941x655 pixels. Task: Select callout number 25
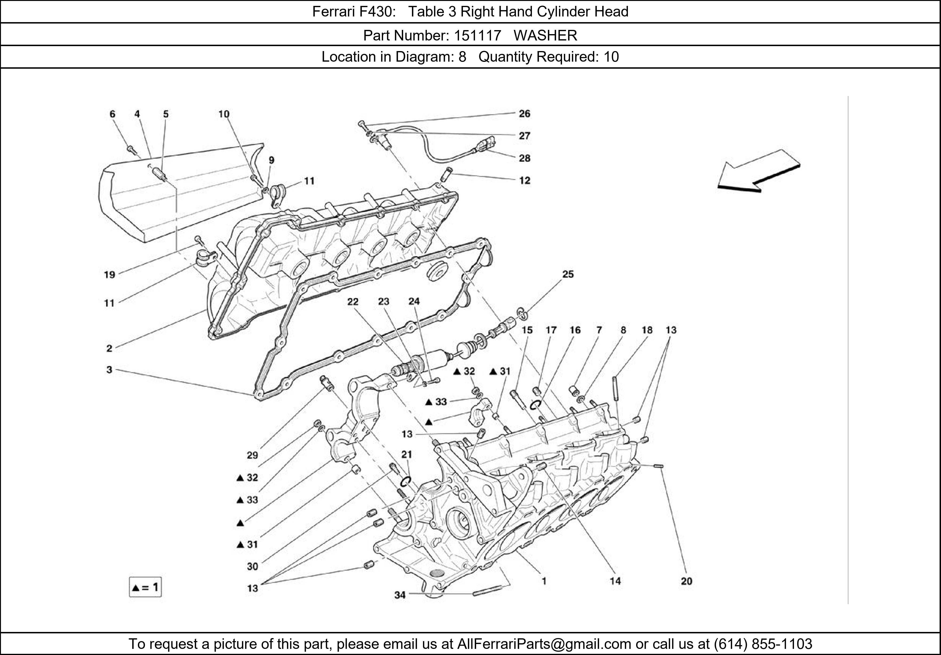[x=568, y=274]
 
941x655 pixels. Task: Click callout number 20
[x=686, y=581]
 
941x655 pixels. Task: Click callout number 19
[x=109, y=275]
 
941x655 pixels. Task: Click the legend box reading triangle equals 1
[x=145, y=587]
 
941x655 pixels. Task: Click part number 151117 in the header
[x=477, y=36]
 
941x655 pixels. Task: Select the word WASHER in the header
[x=545, y=36]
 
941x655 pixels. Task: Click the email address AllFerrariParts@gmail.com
[x=544, y=644]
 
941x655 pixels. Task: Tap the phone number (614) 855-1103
[x=763, y=644]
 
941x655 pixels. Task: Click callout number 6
[x=112, y=114]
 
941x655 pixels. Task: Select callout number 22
[x=352, y=302]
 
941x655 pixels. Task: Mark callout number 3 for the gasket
[x=109, y=370]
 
